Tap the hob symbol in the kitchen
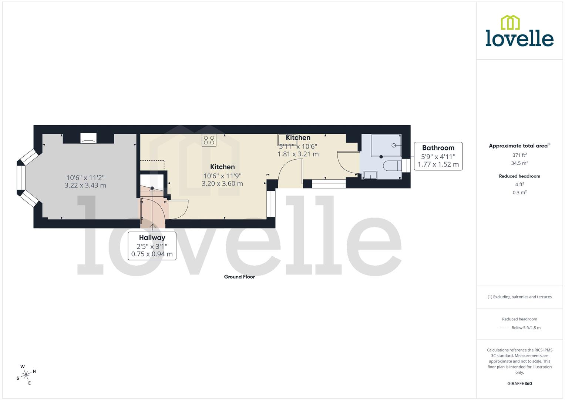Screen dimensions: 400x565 click(209, 140)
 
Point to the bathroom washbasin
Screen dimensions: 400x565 click(370, 175)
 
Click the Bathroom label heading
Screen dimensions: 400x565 click(438, 148)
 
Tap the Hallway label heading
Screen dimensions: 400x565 click(152, 237)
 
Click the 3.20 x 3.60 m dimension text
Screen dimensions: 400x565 click(222, 183)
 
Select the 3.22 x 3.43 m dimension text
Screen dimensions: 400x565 click(85, 185)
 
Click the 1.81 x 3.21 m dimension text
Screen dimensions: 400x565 click(298, 154)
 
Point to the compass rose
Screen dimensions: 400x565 click(26, 375)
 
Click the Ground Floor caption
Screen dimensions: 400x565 click(239, 277)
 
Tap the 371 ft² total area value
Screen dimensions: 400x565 click(519, 155)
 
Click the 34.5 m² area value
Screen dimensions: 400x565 click(519, 163)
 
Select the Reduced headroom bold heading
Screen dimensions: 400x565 click(519, 176)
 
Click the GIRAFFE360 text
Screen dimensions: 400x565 click(519, 383)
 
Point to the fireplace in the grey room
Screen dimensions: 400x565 click(88, 139)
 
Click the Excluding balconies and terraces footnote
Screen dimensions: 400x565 click(519, 297)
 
